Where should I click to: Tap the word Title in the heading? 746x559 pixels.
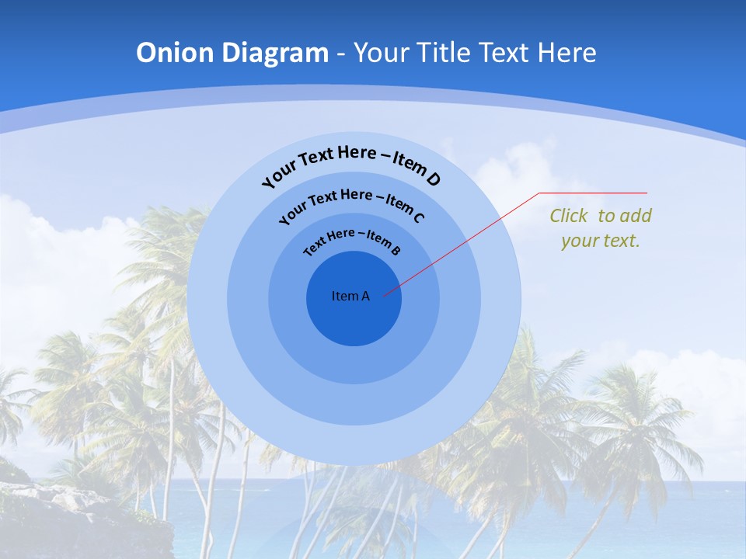pos(444,53)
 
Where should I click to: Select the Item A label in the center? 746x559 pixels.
pos(350,296)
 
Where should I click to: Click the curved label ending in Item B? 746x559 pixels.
pos(351,240)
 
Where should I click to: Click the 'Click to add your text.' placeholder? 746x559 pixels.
pos(601,227)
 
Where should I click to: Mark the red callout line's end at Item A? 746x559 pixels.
pos(384,294)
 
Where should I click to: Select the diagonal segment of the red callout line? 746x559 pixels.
pos(462,243)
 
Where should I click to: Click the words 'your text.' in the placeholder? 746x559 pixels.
pos(601,241)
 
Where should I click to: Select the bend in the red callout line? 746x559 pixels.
pos(539,193)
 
